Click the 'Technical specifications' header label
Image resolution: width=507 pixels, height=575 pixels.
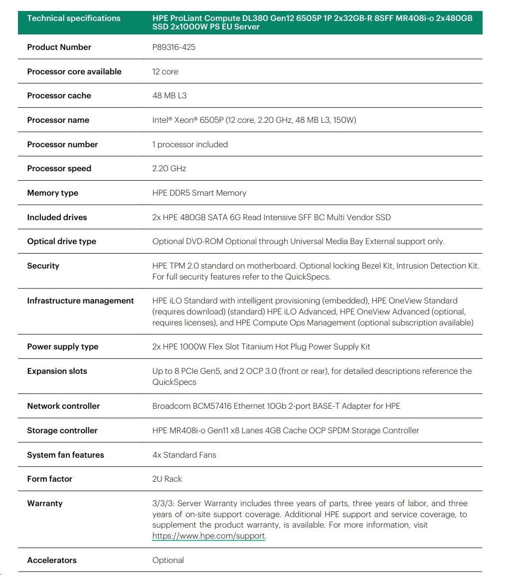(74, 18)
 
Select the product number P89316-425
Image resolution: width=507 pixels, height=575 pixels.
(173, 47)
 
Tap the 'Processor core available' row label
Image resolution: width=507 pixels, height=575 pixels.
(74, 72)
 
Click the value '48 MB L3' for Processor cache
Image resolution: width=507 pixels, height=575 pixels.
(169, 96)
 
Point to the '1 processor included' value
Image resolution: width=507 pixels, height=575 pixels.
(190, 145)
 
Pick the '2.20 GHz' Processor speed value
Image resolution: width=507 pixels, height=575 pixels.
(169, 169)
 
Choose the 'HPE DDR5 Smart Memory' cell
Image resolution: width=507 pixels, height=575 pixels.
(199, 193)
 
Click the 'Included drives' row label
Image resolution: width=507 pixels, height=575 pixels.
(57, 218)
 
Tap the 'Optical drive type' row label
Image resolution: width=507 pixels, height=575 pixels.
(61, 242)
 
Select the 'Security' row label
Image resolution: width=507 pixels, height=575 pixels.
(43, 266)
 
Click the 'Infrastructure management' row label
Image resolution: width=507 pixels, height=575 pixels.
(80, 301)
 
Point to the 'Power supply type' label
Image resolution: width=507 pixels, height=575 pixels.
(63, 347)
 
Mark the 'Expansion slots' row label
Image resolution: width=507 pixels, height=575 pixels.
(57, 371)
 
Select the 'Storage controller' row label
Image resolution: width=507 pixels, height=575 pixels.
(62, 431)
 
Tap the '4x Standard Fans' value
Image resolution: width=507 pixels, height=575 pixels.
(184, 455)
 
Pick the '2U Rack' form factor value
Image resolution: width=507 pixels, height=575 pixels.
(167, 479)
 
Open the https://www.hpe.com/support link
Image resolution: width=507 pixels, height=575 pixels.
(209, 536)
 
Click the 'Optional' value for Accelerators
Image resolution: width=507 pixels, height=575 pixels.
(168, 561)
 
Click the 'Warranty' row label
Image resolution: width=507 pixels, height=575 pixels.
(45, 504)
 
